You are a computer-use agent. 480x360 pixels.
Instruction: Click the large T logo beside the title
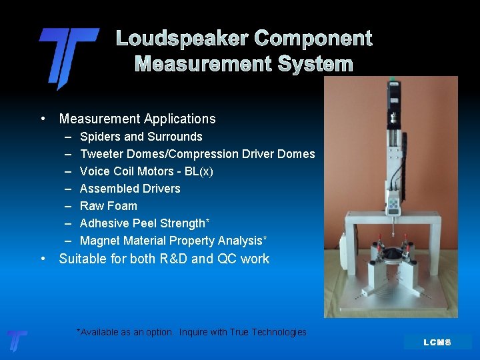pos(67,57)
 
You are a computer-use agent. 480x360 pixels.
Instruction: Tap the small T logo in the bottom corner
pos(17,341)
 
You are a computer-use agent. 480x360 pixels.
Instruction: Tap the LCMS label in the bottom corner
pos(437,342)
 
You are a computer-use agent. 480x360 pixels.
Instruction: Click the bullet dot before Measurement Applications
pos(43,119)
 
